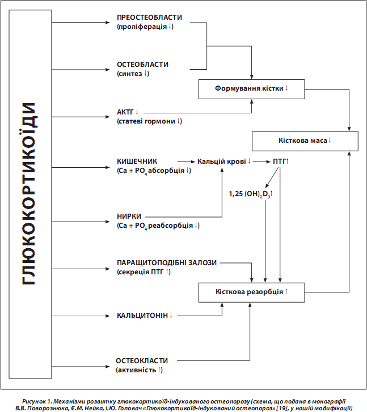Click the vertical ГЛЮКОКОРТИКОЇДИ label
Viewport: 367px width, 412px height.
tap(29, 194)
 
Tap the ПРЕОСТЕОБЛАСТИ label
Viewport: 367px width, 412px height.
tap(149, 18)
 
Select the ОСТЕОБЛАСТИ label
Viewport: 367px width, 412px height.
tap(142, 65)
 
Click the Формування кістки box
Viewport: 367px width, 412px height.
tap(251, 89)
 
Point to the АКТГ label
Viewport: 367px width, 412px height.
tap(125, 112)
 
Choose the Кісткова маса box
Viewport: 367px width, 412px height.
tap(305, 141)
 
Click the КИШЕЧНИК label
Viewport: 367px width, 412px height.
tap(137, 162)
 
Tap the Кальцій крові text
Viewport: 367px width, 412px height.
tap(222, 162)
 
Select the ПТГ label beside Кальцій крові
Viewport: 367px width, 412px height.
tap(280, 162)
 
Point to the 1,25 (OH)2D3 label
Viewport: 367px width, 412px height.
tap(250, 194)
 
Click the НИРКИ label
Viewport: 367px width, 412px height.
tap(129, 216)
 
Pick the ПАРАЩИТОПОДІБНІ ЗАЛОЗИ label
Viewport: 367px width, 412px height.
tap(167, 263)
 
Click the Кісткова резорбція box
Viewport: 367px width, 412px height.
tap(251, 292)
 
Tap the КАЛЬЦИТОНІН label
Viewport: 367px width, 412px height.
tap(142, 315)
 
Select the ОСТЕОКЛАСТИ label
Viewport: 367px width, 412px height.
tap(142, 361)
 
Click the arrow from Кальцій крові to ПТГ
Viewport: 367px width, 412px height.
tap(261, 162)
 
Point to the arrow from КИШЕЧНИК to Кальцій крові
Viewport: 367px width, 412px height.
tap(186, 162)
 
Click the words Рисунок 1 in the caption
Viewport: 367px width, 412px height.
tap(36, 401)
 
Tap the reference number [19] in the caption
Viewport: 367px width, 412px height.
tap(281, 408)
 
